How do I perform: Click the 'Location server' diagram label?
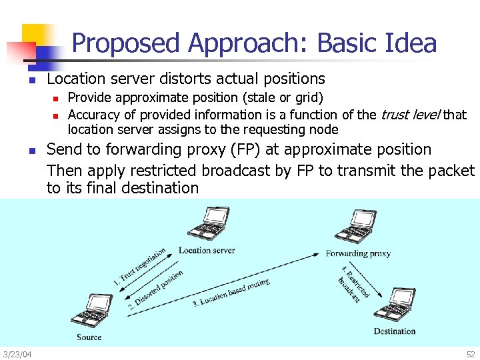pos(207,251)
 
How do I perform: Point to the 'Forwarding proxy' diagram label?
pos(358,253)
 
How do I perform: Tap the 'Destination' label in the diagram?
pos(394,331)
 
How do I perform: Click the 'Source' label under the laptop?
pos(89,337)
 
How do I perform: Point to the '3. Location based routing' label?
pos(231,293)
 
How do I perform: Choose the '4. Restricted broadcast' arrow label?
pos(354,284)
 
